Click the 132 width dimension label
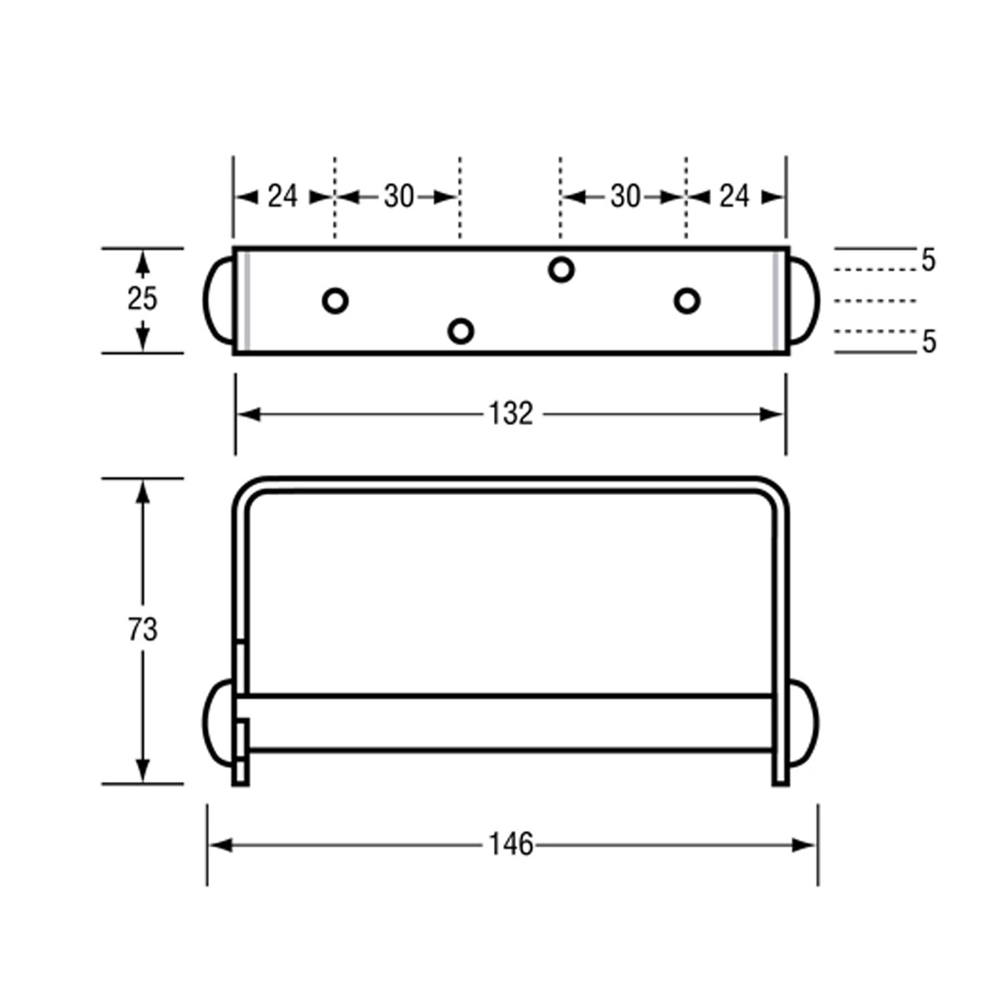coord(510,414)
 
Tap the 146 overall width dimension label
coord(510,844)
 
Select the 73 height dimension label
coord(142,630)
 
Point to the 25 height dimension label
coord(142,298)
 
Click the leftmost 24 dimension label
coord(282,197)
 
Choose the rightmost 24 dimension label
coord(734,197)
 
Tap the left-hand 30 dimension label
coord(399,197)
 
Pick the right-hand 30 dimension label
coord(625,197)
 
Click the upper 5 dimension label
coord(928,260)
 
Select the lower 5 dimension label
coord(928,342)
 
